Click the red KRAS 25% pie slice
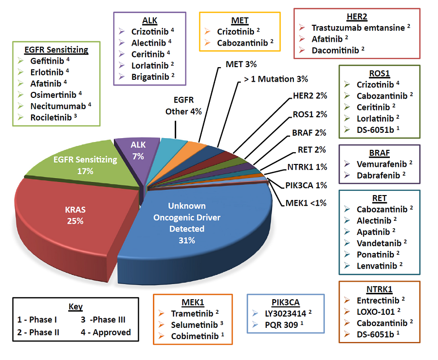73,214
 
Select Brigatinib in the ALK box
149,76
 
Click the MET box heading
240,20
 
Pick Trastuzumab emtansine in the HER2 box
358,28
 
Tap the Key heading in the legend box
75,307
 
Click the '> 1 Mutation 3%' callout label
275,79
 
